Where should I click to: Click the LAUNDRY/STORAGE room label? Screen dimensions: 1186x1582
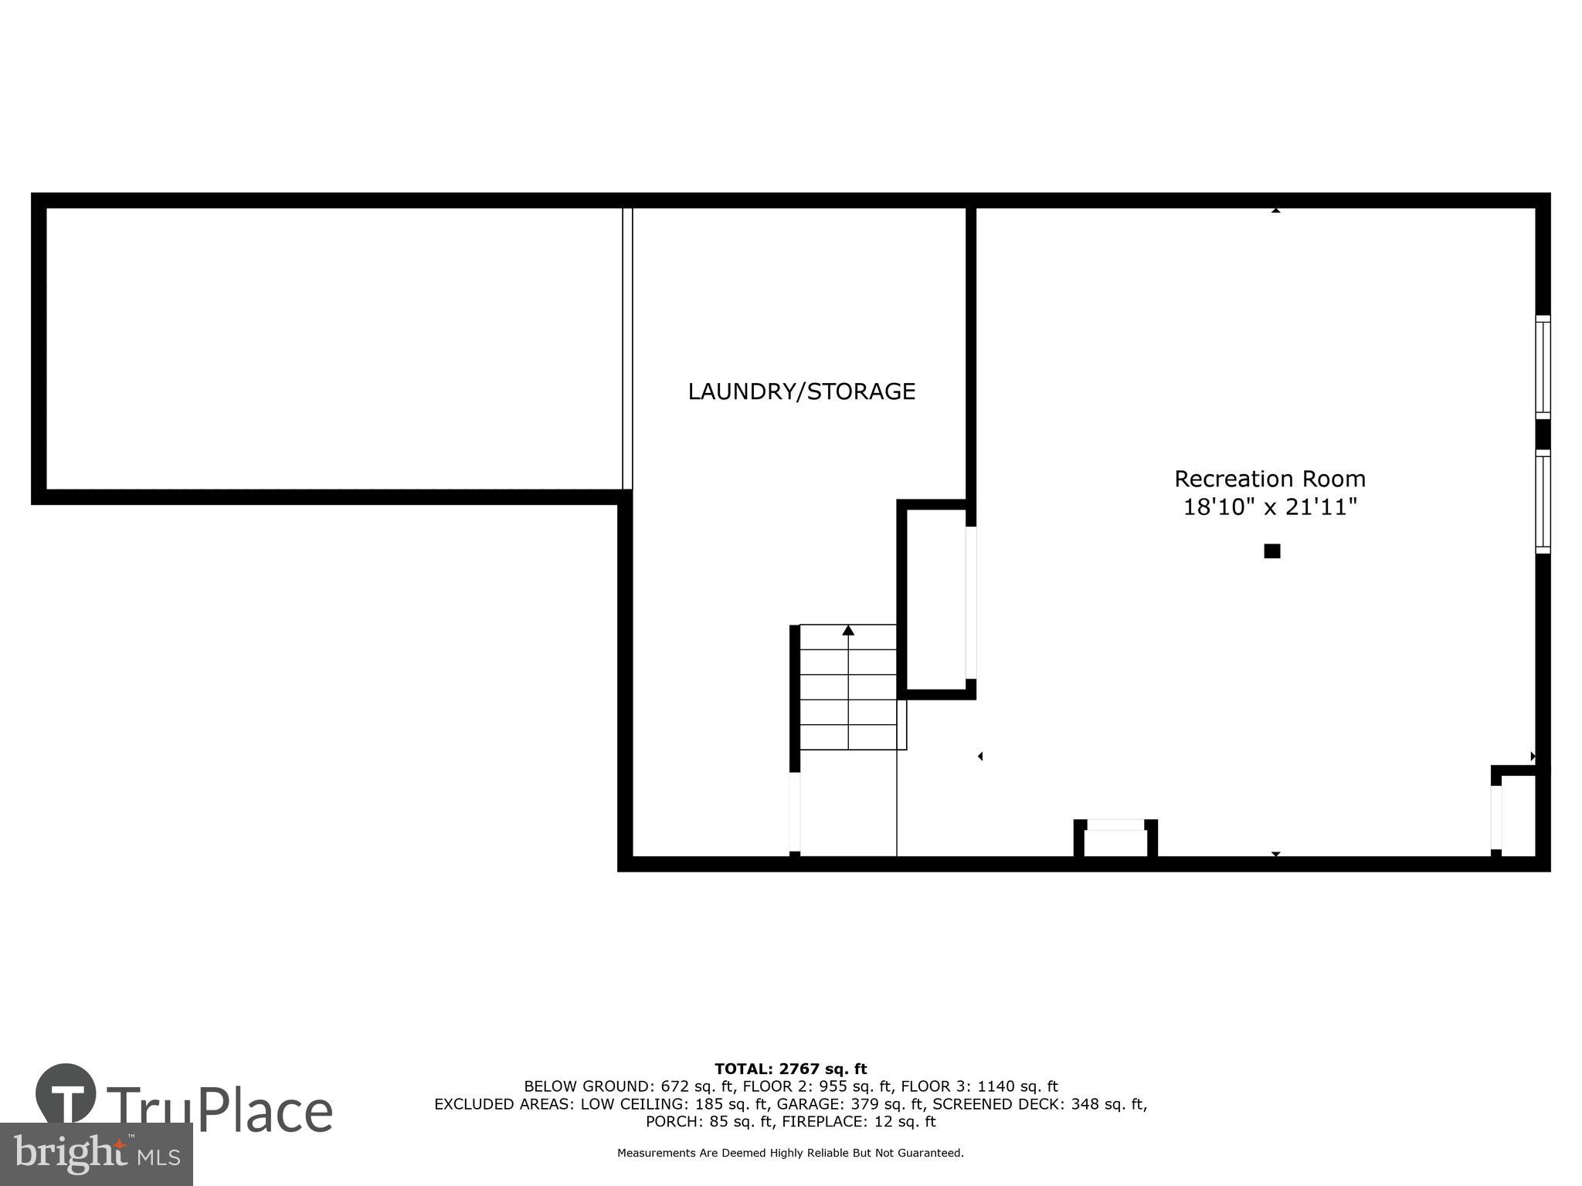801,391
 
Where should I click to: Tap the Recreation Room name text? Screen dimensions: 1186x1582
1269,479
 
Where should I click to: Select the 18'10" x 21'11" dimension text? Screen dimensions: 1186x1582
1269,507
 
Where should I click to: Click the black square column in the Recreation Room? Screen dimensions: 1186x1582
1271,551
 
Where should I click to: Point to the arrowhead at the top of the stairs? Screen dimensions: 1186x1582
848,630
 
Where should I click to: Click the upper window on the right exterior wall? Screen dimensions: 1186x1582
1542,368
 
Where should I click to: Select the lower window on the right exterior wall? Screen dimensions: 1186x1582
1542,502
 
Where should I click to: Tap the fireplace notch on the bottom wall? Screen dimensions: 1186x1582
1115,839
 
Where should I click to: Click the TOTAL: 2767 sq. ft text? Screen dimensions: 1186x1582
790,1069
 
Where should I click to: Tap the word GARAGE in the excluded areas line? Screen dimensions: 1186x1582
806,1104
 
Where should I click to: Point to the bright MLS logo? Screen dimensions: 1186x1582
96,1154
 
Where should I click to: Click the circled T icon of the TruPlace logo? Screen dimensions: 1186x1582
66,1093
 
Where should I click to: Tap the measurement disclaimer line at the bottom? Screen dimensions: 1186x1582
790,1154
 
